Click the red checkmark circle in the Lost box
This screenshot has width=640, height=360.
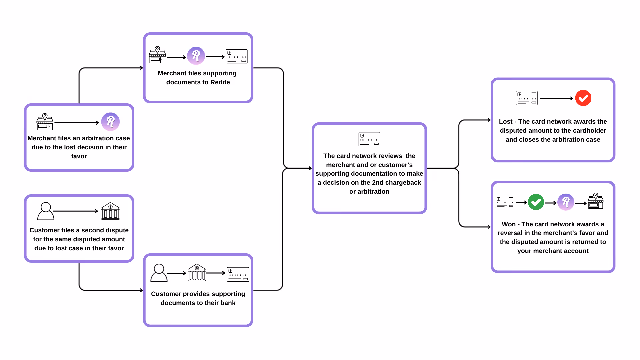tap(583, 98)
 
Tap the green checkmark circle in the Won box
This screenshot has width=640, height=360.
tap(536, 202)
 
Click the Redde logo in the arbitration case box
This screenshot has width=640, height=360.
tap(110, 122)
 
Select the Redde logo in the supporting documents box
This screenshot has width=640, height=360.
tap(196, 56)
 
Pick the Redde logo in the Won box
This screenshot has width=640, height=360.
tap(566, 202)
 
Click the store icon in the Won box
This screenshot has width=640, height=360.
tap(596, 201)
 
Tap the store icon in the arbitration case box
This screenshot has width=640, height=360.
tap(45, 122)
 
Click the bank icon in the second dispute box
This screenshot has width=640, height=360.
tap(110, 211)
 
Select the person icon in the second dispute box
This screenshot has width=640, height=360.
tap(46, 211)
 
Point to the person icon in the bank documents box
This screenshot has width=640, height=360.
tap(159, 273)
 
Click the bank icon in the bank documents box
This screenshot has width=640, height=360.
tap(197, 273)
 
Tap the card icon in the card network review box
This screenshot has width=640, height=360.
tap(369, 139)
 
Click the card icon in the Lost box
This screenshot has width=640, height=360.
tap(527, 98)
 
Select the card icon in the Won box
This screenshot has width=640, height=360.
tap(505, 202)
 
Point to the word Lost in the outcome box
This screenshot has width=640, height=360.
tap(506, 122)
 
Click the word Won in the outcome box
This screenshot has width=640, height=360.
tap(509, 224)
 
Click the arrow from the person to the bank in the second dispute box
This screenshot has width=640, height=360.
tap(76, 211)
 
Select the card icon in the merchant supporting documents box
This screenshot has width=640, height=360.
tap(237, 56)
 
